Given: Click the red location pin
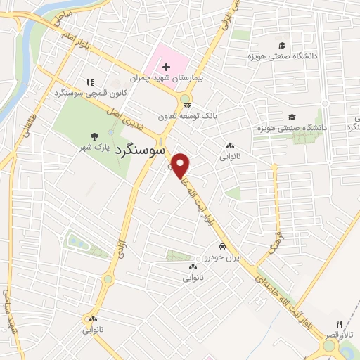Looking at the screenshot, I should tap(181, 165).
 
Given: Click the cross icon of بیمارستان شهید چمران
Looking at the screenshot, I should tap(165, 67).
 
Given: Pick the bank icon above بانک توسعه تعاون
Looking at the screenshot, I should tap(186, 105).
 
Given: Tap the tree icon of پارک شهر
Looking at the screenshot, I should tap(94, 137).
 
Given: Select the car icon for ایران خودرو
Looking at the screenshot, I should tap(222, 247).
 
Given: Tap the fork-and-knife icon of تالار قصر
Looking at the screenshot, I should tap(338, 323).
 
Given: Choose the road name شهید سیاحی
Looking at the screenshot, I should tap(10, 309).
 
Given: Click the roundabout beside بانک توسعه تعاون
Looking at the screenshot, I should tap(186, 98).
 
